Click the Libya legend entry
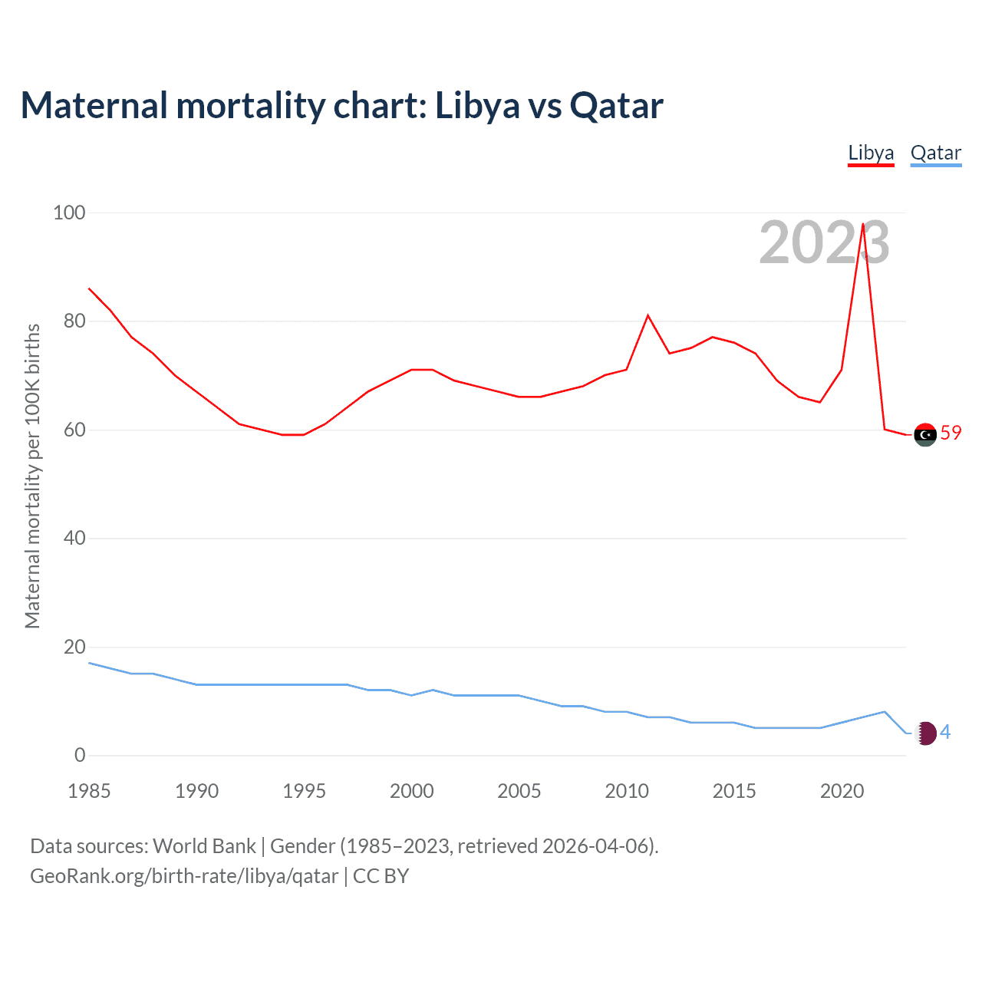click(x=871, y=153)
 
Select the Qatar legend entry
click(x=935, y=153)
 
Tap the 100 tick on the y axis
click(x=68, y=213)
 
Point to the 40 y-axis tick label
click(x=74, y=538)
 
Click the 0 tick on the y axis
click(x=80, y=755)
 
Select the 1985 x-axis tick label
click(x=89, y=791)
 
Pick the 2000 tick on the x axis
click(x=411, y=791)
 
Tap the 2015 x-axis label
click(x=734, y=791)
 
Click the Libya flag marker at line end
click(x=925, y=434)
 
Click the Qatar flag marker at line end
click(x=926, y=733)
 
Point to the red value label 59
click(x=951, y=433)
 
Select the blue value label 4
click(x=945, y=733)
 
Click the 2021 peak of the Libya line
click(x=863, y=224)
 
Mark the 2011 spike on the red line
click(x=648, y=315)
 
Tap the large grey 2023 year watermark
click(x=824, y=242)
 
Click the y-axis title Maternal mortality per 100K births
click(x=32, y=476)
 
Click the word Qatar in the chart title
click(x=616, y=106)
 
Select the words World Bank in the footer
click(x=204, y=846)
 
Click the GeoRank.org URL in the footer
click(x=184, y=876)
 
